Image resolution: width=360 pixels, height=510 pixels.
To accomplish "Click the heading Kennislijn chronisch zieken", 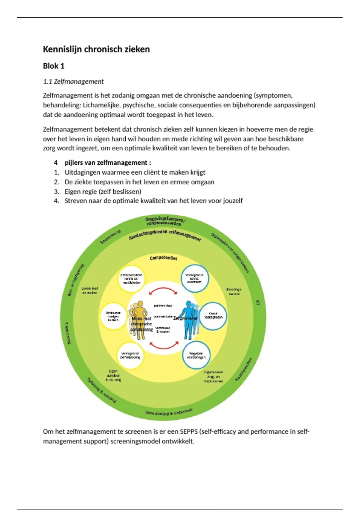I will pyautogui.click(x=96, y=49).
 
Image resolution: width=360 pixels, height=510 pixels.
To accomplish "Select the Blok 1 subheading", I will pyautogui.click(x=54, y=66).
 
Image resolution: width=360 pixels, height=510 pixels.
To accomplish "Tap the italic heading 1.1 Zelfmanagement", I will pyautogui.click(x=73, y=81).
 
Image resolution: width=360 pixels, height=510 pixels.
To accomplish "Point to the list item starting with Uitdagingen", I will pyautogui.click(x=135, y=172).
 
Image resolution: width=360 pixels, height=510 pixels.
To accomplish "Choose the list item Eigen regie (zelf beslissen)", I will pyautogui.click(x=103, y=191).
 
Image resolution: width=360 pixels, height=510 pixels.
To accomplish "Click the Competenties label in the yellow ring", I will pyautogui.click(x=163, y=258).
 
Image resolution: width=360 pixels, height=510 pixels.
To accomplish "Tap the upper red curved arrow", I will pyautogui.click(x=163, y=290).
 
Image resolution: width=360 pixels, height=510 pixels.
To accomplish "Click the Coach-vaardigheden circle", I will pyautogui.click(x=213, y=316).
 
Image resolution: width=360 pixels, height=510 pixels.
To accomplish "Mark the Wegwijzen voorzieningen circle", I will pyautogui.click(x=196, y=355).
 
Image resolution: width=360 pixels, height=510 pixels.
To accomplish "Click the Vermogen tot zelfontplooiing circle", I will pyautogui.click(x=130, y=355).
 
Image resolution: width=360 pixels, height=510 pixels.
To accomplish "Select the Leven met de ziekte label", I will pyautogui.click(x=90, y=290).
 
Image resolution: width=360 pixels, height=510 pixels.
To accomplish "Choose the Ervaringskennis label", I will pyautogui.click(x=234, y=292).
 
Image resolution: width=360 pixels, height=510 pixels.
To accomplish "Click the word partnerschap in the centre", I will pyautogui.click(x=163, y=306).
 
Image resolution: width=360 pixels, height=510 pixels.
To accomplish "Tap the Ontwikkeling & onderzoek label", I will pyautogui.click(x=169, y=412).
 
